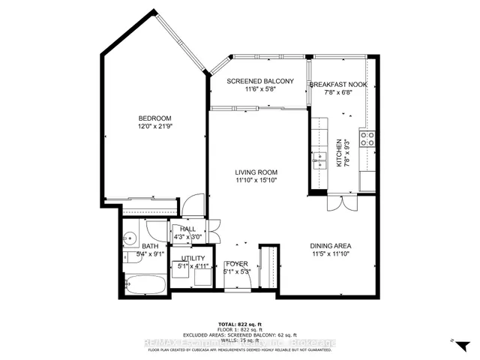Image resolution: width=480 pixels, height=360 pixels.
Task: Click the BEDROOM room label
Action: [155, 118]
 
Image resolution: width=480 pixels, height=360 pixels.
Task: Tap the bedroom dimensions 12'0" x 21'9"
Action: [155, 127]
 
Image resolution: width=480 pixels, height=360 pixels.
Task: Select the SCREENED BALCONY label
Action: [259, 81]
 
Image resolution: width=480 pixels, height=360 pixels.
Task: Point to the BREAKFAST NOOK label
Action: [338, 85]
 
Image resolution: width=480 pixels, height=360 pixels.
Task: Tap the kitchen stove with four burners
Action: [367, 138]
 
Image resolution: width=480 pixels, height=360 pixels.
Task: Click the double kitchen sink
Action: [320, 159]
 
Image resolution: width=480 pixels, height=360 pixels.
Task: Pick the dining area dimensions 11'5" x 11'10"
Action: [331, 254]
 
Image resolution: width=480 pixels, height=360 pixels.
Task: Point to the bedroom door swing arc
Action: [195, 204]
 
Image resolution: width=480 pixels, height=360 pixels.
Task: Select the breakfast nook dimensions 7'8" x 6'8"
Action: [338, 93]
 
